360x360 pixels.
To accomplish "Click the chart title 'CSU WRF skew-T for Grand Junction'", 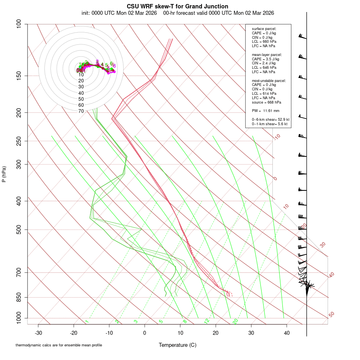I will [178, 6].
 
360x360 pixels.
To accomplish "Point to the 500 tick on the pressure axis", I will [18, 230].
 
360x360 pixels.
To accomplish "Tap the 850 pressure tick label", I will [18, 297].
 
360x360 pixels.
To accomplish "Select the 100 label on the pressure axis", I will [18, 24].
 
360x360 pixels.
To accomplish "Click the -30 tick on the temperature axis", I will [38, 332].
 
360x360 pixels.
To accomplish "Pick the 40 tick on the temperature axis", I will [287, 332].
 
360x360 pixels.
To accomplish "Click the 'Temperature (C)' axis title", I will [178, 345].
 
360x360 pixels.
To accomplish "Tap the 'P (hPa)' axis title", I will [4, 174].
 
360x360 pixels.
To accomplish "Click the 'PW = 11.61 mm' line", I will [266, 110].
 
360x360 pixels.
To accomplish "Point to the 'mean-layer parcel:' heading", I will [267, 54].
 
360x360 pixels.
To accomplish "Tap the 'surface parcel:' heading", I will [264, 29].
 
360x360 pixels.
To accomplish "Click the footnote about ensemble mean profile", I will [59, 345].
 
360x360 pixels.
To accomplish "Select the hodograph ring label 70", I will [81, 111].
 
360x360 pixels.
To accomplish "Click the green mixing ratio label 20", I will [235, 321].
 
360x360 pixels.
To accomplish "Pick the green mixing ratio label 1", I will [86, 321].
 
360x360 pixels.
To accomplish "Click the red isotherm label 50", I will [331, 315].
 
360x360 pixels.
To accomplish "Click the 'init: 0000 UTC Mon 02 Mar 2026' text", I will [119, 13].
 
